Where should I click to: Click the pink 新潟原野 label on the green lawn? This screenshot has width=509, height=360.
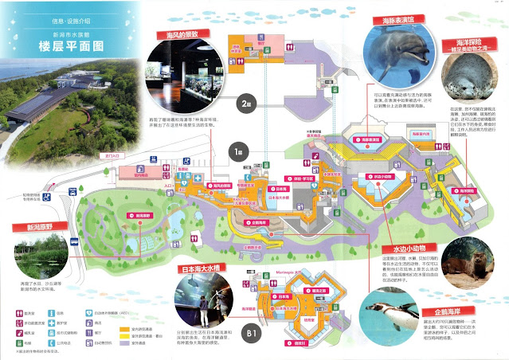tap(143, 216)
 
